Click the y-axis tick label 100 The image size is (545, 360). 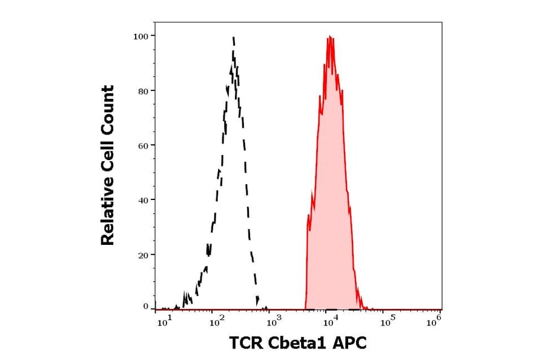140,36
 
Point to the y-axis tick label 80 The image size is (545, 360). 142,91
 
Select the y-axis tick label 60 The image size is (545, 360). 142,145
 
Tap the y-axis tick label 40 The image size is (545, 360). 142,200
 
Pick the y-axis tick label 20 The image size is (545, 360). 142,255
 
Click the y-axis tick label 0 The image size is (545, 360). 145,307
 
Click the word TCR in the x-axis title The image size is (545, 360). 247,344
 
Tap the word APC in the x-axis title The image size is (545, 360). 350,344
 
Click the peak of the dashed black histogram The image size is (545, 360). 233,38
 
